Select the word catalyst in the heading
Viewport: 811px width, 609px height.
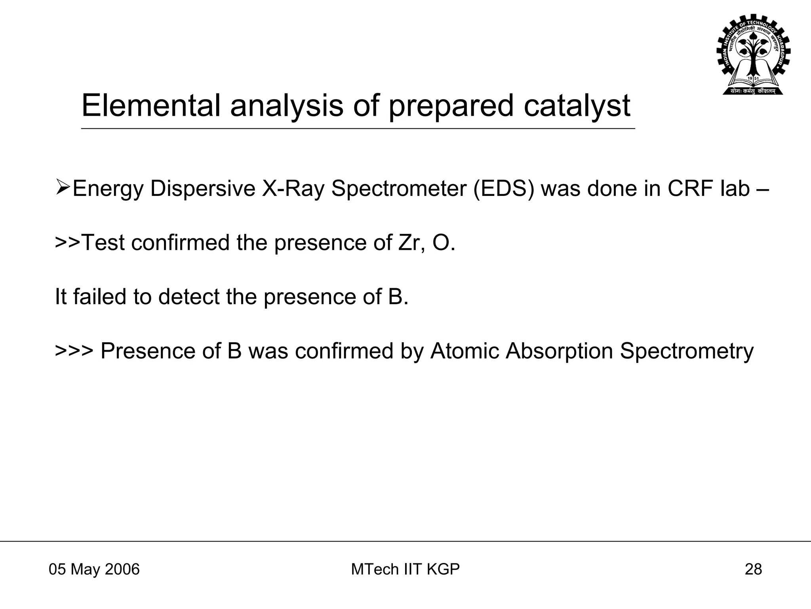coord(577,106)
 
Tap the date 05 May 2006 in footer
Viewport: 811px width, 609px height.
coord(94,569)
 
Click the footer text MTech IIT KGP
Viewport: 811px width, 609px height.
coord(405,569)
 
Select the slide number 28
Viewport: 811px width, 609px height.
coord(753,569)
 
